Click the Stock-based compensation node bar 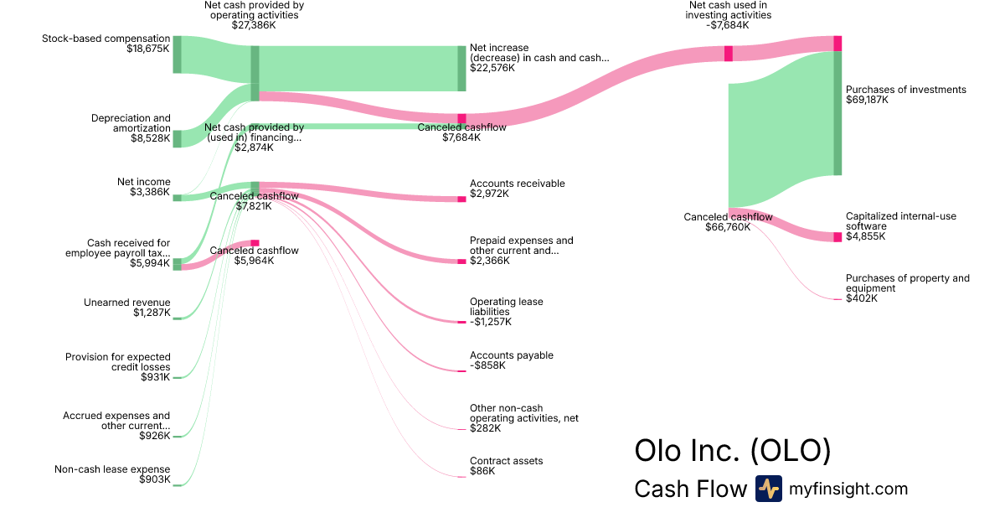(177, 54)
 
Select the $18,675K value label (143, 49)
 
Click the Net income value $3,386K (150, 192)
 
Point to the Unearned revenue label (126, 303)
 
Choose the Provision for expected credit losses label (117, 362)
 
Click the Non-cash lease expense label (112, 469)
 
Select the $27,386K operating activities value (254, 25)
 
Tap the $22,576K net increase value (492, 68)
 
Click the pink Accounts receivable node (461, 199)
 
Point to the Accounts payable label (512, 355)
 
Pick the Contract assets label (506, 461)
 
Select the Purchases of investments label (905, 90)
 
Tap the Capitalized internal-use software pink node (837, 237)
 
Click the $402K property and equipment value (862, 298)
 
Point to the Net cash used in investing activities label (729, 10)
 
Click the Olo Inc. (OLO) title (733, 450)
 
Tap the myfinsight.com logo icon (768, 489)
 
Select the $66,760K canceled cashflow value (728, 227)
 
